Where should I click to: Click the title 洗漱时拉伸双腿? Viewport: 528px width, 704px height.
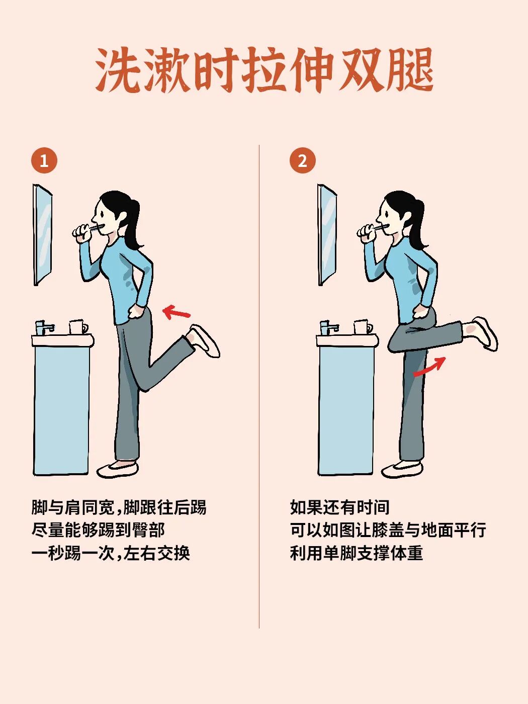point(264,70)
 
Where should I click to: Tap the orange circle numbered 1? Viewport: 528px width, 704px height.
point(44,161)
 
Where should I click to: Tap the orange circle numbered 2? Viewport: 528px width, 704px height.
point(302,161)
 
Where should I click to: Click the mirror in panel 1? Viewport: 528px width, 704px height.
point(43,235)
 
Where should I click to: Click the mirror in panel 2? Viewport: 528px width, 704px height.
point(327,235)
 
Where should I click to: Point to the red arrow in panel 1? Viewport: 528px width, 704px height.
point(177,313)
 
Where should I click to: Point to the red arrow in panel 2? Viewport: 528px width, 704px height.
point(430,367)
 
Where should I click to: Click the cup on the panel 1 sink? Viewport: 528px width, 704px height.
point(77,327)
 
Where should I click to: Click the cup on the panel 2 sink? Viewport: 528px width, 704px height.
point(362,327)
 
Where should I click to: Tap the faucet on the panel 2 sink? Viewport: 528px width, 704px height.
point(328,328)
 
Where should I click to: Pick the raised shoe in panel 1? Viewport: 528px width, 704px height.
point(205,340)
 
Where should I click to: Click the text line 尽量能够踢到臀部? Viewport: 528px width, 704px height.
point(98,530)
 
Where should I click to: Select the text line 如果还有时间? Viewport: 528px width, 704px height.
point(340,507)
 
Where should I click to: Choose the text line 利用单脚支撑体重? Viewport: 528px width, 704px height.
point(357,553)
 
